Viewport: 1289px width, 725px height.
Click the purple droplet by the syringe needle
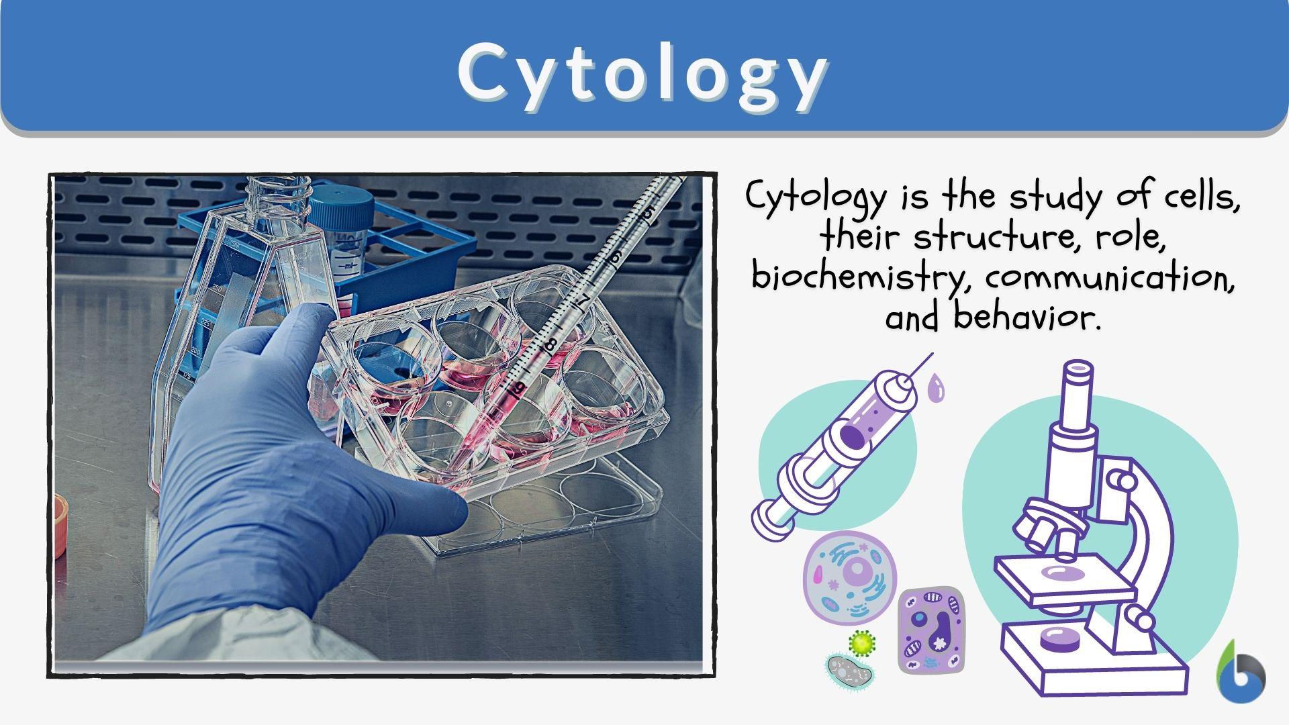point(935,389)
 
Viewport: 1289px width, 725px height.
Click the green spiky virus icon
point(861,643)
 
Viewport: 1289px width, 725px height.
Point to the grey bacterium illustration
point(848,671)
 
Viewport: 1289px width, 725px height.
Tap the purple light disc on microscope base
point(1060,638)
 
